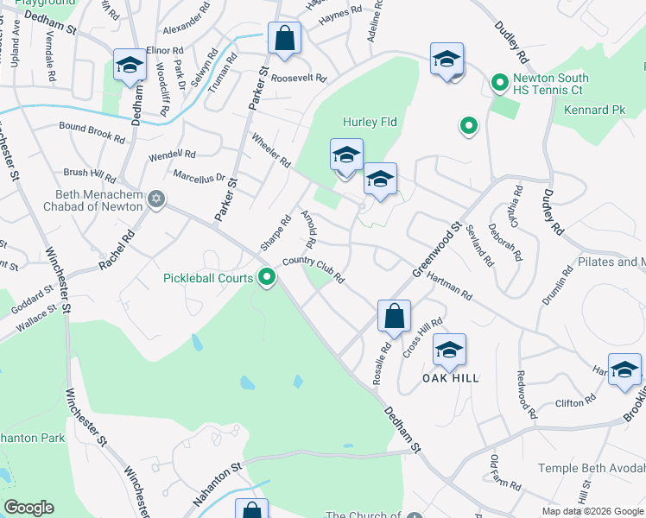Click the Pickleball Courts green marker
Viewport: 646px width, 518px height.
(268, 278)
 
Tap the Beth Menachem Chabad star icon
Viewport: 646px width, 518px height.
(155, 199)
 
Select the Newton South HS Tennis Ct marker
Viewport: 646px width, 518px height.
(498, 84)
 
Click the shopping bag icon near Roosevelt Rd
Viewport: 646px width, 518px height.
(283, 39)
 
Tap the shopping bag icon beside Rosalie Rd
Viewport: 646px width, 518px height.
(394, 316)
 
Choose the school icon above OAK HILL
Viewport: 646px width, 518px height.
(449, 350)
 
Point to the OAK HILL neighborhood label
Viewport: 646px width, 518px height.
(450, 378)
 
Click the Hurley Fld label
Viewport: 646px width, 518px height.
(370, 123)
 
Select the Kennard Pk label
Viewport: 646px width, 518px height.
(594, 111)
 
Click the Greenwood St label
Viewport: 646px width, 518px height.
(436, 250)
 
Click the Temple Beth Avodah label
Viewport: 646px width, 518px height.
(591, 468)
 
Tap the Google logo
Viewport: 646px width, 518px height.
(28, 508)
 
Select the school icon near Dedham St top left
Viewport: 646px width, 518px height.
(130, 65)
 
